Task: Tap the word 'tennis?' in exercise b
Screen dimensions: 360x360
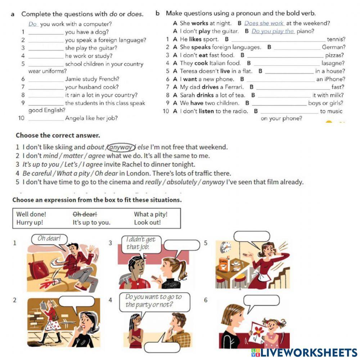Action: pyautogui.click(x=336, y=39)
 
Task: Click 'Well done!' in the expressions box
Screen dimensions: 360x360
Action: pyautogui.click(x=31, y=214)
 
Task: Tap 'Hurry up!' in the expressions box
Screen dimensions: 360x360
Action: pyautogui.click(x=30, y=222)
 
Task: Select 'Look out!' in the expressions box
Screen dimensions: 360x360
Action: pyautogui.click(x=147, y=222)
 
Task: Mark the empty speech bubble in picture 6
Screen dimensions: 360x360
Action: pyautogui.click(x=261, y=301)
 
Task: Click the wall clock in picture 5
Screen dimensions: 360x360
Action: pyautogui.click(x=226, y=247)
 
